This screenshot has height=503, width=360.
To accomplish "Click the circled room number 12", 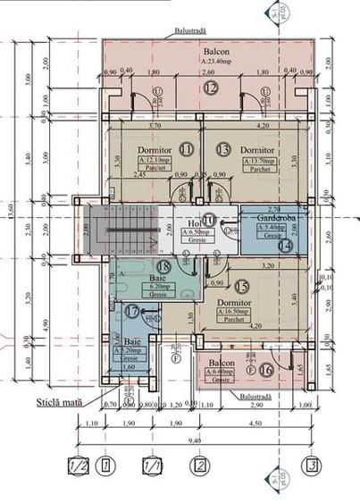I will click(209, 88).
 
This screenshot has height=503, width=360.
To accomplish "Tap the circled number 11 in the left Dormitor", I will click(187, 148).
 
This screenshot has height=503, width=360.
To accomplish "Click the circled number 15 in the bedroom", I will click(242, 287).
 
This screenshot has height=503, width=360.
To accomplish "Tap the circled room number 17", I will click(133, 311).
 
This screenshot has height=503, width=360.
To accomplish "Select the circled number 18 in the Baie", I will click(163, 265).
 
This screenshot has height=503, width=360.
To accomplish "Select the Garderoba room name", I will click(277, 217).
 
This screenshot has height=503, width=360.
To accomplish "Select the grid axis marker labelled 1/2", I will click(78, 465).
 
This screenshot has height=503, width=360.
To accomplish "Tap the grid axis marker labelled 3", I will click(311, 465).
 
